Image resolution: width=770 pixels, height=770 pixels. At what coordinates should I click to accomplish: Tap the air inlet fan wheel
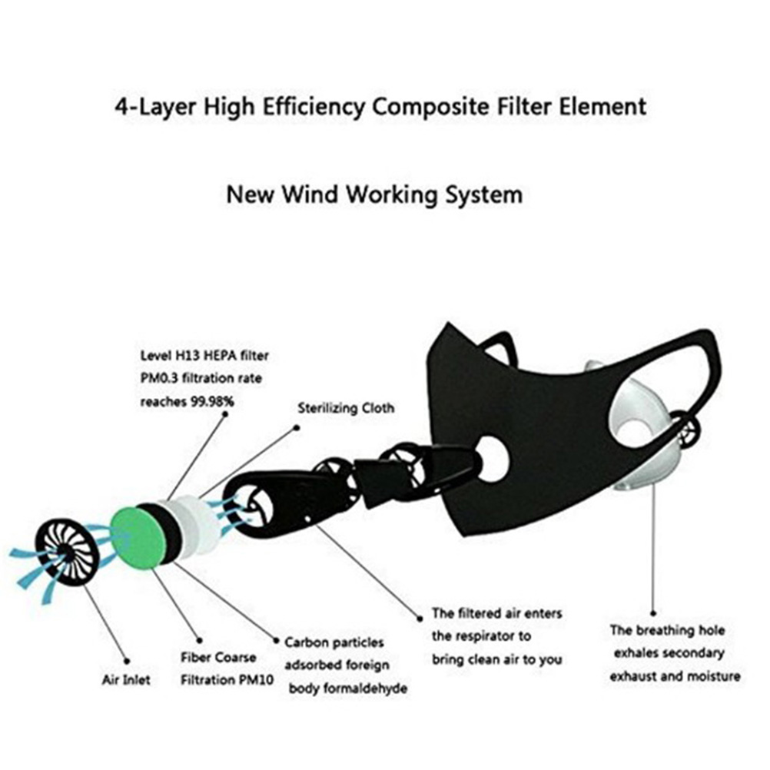68,551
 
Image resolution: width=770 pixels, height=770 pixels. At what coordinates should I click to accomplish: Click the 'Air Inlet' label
127,680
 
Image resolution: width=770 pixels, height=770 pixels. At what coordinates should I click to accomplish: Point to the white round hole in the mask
492,459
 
